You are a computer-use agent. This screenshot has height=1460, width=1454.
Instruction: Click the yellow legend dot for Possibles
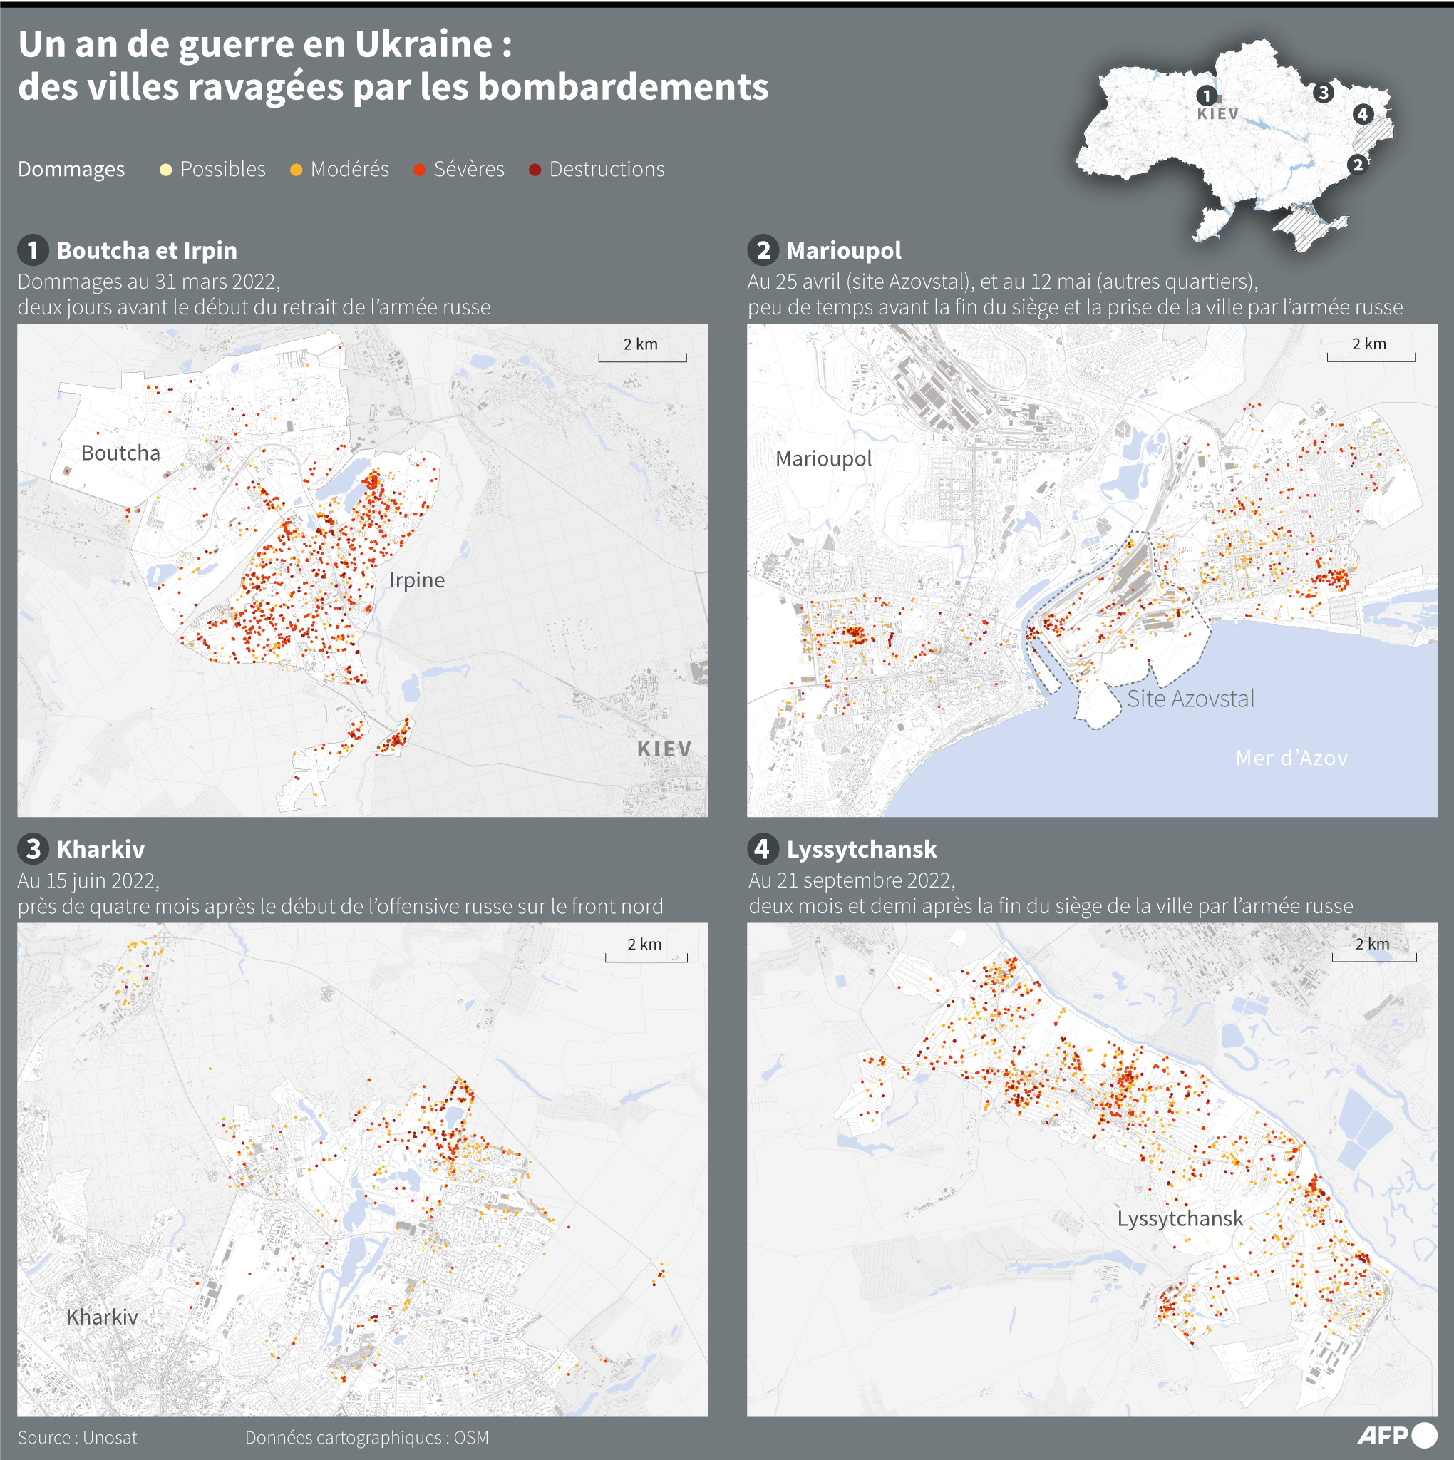(x=165, y=169)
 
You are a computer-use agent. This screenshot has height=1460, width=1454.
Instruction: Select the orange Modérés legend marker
(x=297, y=169)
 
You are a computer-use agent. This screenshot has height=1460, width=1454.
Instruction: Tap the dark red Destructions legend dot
(x=535, y=169)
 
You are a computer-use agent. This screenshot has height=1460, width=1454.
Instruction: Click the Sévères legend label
(x=468, y=169)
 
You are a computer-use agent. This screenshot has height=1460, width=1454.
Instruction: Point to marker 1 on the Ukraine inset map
(x=1206, y=96)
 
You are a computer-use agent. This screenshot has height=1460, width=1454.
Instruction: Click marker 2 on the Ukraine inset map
(x=1357, y=164)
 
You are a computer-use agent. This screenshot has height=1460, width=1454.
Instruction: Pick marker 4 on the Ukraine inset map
(x=1363, y=114)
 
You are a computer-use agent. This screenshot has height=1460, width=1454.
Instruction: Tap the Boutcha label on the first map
(x=121, y=453)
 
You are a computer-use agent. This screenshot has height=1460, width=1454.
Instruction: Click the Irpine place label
(x=416, y=580)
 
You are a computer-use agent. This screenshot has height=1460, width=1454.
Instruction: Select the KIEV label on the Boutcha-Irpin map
(x=664, y=749)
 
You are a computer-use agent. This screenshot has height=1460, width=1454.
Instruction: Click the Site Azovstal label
(x=1190, y=698)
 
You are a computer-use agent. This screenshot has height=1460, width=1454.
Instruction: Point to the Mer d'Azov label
(x=1291, y=757)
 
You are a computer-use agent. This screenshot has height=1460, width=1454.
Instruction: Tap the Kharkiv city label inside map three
(x=102, y=1317)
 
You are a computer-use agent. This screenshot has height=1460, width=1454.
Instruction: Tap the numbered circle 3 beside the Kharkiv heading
(x=33, y=848)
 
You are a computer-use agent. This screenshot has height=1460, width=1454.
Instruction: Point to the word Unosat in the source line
(x=110, y=1437)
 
